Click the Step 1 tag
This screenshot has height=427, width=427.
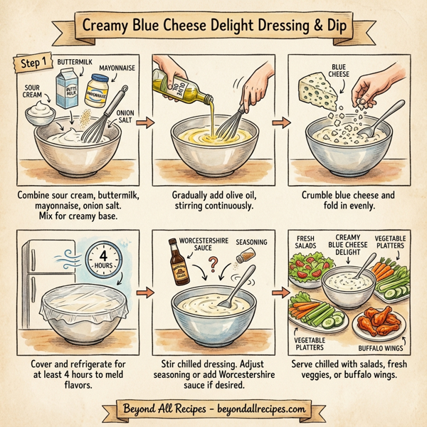point(31,64)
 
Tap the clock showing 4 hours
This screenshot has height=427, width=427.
point(101,253)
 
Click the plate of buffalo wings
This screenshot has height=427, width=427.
point(379,322)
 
